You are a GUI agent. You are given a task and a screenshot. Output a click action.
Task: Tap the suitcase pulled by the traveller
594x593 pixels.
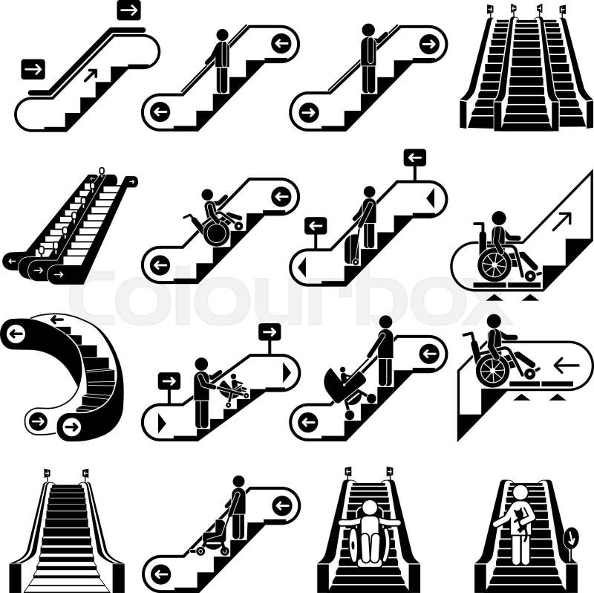(x=352, y=250)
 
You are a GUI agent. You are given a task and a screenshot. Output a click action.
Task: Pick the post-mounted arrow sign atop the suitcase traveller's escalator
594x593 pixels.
(x=415, y=157)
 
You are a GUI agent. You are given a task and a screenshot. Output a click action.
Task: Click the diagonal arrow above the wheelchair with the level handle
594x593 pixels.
(x=561, y=221)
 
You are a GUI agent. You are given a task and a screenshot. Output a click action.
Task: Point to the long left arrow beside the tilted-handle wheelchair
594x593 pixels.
(x=567, y=366)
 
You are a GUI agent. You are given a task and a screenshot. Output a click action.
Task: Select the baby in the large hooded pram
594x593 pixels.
(x=345, y=375)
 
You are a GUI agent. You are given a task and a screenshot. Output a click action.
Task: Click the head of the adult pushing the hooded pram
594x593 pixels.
(x=385, y=322)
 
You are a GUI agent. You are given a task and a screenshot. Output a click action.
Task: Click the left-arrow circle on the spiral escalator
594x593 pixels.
(x=16, y=334)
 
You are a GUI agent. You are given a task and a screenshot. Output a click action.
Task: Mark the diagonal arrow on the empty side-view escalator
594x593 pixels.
(x=91, y=75)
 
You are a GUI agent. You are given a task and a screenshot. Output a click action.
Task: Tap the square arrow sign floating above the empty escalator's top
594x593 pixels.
(x=128, y=10)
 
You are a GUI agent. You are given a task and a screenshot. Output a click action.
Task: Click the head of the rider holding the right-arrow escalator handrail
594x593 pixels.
(x=368, y=30)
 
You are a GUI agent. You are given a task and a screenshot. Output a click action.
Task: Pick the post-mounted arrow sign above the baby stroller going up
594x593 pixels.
(x=270, y=332)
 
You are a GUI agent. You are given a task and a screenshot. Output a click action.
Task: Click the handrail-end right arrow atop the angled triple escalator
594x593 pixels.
(x=132, y=182)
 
